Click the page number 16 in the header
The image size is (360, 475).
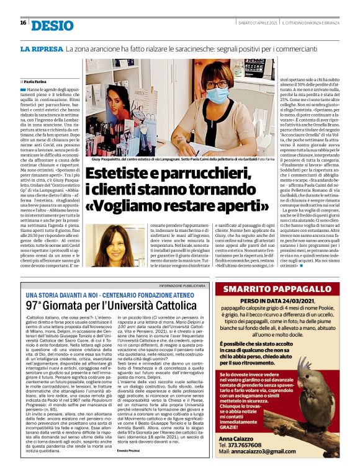[22, 23]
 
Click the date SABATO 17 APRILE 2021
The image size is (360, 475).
[257, 23]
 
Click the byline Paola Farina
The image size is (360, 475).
[38, 81]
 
